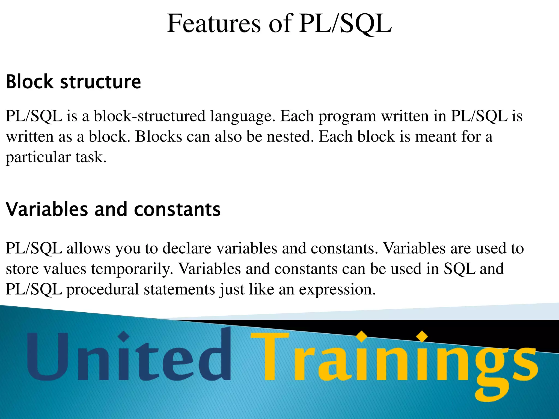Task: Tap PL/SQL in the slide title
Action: pos(345,24)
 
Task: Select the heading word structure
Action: pos(100,82)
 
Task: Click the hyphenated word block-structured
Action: pos(150,116)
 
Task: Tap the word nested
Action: pos(290,136)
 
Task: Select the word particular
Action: pos(38,158)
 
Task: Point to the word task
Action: pos(91,157)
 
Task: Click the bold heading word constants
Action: pos(177,209)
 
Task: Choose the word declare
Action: pos(187,248)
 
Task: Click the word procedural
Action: pos(103,289)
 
